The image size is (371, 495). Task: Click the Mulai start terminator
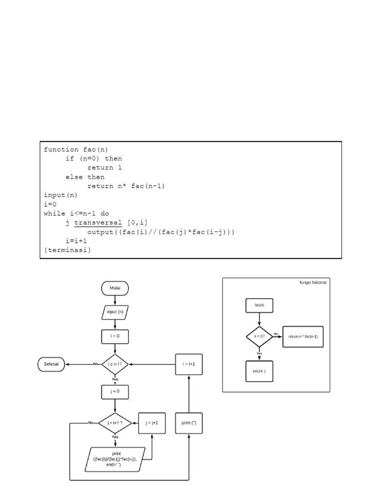[115, 288]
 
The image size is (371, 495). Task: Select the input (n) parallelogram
[115, 312]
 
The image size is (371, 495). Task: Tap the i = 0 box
[115, 336]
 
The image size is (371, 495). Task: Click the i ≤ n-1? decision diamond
[115, 364]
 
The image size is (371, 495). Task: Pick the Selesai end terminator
[51, 364]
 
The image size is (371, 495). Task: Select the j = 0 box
[115, 392]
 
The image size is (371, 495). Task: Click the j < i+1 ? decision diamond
[115, 422]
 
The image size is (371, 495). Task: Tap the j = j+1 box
[152, 422]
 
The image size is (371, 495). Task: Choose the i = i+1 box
[189, 364]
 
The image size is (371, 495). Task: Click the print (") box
[189, 422]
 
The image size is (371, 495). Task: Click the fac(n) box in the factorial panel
[259, 306]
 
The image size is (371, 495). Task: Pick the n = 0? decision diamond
[259, 336]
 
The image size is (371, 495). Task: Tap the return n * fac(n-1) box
[303, 336]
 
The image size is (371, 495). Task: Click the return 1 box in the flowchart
[259, 371]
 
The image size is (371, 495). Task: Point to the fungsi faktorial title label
[313, 282]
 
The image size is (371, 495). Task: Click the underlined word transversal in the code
[99, 222]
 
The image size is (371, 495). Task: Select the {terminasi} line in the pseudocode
[67, 250]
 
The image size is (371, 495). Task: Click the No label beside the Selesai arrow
[95, 364]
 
